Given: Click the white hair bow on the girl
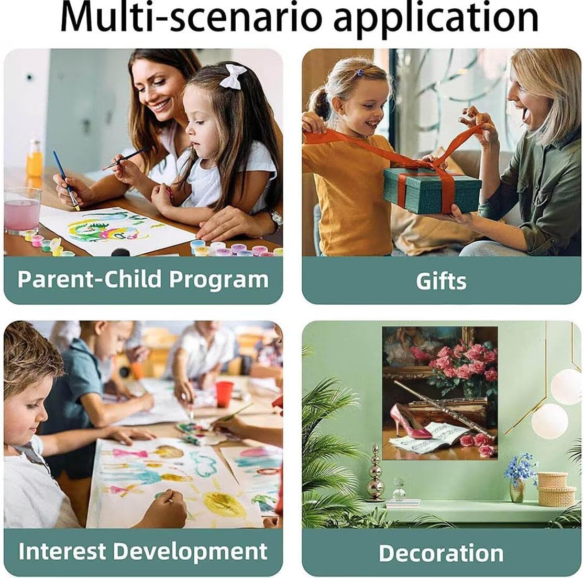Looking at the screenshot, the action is click(x=233, y=76).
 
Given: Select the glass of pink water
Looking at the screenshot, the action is click(x=23, y=210).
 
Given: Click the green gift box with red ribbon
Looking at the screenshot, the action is click(x=432, y=188).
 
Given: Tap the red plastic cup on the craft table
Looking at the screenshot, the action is click(x=224, y=394).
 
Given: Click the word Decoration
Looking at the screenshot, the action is click(x=441, y=553).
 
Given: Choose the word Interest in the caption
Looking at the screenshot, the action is click(x=63, y=551).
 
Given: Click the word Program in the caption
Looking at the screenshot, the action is click(x=218, y=280).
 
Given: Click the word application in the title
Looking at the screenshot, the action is click(x=436, y=19).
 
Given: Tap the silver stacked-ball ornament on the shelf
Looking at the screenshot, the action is click(x=374, y=472).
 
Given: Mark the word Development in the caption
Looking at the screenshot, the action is click(x=190, y=552).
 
